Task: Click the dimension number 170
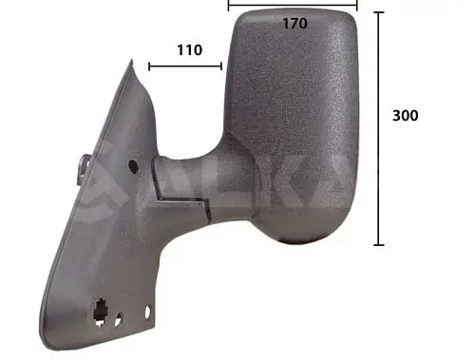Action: pyautogui.click(x=294, y=24)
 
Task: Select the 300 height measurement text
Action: pyautogui.click(x=405, y=116)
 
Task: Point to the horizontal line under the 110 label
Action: pyautogui.click(x=185, y=66)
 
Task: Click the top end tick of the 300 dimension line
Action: pyautogui.click(x=379, y=13)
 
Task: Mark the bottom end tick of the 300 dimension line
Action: pyautogui.click(x=379, y=245)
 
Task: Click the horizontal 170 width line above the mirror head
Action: pyautogui.click(x=294, y=4)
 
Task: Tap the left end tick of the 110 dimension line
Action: pyautogui.click(x=149, y=66)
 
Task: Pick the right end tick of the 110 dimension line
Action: pyautogui.click(x=221, y=66)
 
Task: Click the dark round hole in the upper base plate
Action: pyautogui.click(x=131, y=166)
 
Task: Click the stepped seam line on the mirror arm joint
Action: pyautogui.click(x=180, y=201)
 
